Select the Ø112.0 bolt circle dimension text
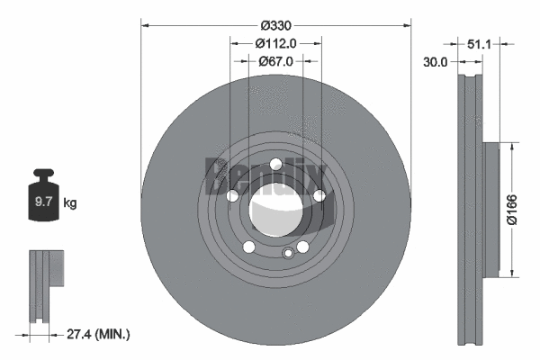(x=276, y=43)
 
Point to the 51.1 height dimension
(x=479, y=43)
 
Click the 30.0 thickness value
(x=436, y=62)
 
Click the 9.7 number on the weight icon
(x=42, y=203)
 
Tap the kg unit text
(x=70, y=203)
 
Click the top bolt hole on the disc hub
(x=275, y=163)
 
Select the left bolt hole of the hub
(x=233, y=195)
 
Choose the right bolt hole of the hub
(x=319, y=194)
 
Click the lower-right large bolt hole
(x=302, y=245)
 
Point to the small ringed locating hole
(x=288, y=253)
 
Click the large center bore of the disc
(x=275, y=208)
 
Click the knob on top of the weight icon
(x=42, y=175)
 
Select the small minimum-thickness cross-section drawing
(x=45, y=270)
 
